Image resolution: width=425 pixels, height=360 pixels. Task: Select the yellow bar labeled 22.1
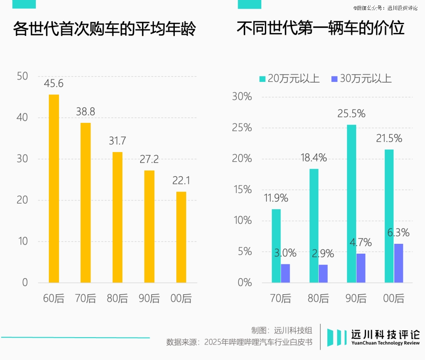coord(181,237)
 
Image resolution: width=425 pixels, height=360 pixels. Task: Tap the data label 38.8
coord(86,112)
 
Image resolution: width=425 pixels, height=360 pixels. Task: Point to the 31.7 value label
coord(117,141)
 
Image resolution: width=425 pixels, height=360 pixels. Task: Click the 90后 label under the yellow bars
coord(149,299)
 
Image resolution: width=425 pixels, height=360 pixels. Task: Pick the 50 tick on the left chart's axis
coord(23,76)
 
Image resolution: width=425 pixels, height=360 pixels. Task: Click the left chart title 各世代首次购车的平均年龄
coord(104,30)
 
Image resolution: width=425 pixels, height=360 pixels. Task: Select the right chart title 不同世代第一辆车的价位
coord(321,29)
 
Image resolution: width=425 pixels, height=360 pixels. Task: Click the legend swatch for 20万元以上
coord(262,79)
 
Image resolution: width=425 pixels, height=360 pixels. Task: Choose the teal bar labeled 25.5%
coord(351,203)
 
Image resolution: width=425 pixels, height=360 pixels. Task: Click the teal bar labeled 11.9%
coord(276,245)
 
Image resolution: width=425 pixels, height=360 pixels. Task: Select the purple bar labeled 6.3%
coord(399,263)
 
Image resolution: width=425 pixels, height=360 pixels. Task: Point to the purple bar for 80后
coord(323,273)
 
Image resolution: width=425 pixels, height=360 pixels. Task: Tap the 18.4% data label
coord(314,158)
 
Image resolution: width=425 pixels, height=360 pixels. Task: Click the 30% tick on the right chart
coord(242,97)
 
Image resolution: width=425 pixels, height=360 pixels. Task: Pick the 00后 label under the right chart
coord(394,299)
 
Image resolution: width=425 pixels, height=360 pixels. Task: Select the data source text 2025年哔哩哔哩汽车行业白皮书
coord(258,342)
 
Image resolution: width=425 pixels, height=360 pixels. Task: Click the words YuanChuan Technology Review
coord(385,343)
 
